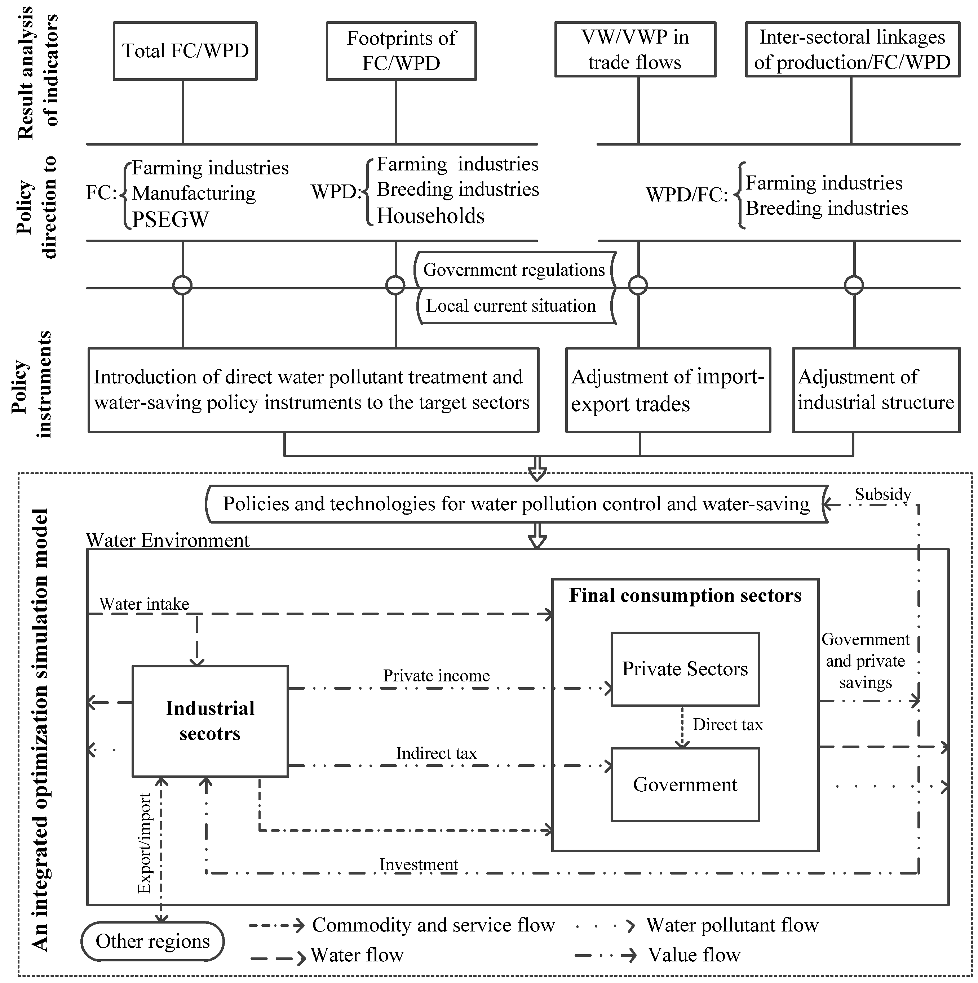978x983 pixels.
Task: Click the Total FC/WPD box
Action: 185,51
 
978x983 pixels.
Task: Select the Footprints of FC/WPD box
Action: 401,51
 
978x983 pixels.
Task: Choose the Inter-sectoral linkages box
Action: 852,49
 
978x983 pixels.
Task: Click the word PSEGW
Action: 171,219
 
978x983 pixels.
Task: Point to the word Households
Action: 430,216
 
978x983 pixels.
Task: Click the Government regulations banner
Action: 514,270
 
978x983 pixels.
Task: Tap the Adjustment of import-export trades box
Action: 668,390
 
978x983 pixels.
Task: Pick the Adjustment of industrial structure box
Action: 876,390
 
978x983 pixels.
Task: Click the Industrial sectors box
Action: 210,721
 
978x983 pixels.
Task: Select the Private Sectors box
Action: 685,669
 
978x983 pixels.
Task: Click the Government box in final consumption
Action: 685,784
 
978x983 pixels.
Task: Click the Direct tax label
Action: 727,725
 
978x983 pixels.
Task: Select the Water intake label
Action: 144,604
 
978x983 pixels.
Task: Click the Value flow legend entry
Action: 694,955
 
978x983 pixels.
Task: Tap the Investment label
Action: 419,864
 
